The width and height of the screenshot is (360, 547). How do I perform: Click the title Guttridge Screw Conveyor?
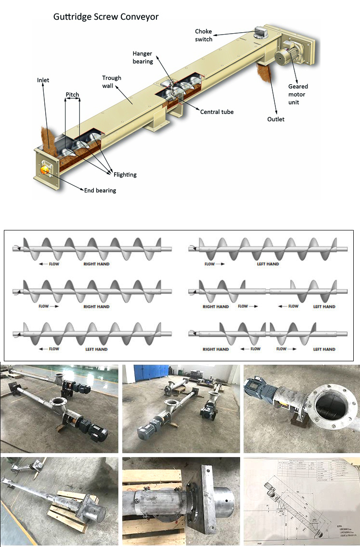[105, 17]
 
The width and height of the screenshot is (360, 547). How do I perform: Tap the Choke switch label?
[203, 35]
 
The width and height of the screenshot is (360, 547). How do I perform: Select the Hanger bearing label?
[142, 57]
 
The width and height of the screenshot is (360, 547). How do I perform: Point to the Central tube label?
[217, 112]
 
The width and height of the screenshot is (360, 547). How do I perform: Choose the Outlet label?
[276, 119]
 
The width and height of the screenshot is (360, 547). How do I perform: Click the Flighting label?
[125, 175]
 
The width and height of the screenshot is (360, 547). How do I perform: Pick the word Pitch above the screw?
[73, 94]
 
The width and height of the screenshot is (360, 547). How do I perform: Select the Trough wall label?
[112, 82]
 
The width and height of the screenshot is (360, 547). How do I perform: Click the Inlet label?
[43, 80]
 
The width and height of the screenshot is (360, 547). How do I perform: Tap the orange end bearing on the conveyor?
[45, 169]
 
